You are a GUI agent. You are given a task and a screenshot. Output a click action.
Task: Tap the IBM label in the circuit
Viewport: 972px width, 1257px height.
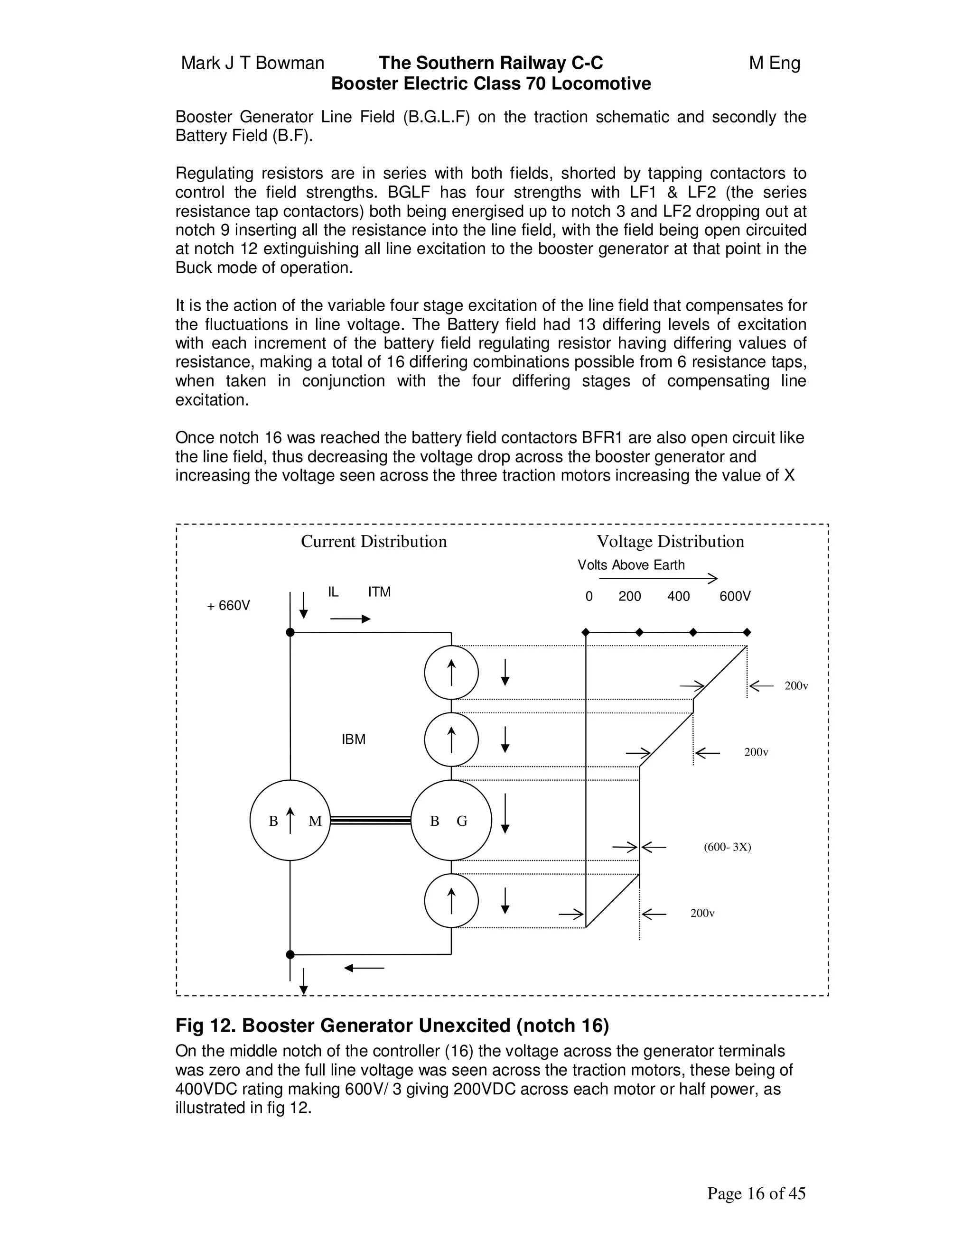[353, 739]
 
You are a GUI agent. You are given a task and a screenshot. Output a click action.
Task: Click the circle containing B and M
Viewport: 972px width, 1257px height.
[290, 821]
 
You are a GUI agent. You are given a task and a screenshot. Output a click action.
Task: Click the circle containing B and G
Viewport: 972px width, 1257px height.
[451, 821]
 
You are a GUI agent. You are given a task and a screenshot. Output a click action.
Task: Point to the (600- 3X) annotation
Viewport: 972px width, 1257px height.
[727, 847]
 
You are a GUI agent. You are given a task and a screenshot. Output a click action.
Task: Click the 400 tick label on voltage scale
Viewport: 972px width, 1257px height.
[678, 596]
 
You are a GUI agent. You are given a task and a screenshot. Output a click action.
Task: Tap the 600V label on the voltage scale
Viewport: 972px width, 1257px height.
[735, 596]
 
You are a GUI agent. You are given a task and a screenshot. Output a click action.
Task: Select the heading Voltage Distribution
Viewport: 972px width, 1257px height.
[670, 542]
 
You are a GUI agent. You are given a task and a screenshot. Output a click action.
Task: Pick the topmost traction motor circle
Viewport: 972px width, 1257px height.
[451, 673]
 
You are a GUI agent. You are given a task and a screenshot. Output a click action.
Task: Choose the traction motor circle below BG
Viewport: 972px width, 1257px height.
[451, 901]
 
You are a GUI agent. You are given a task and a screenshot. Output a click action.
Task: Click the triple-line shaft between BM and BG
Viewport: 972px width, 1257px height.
[370, 821]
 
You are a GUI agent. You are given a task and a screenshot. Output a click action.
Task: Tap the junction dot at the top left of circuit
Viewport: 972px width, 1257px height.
[290, 632]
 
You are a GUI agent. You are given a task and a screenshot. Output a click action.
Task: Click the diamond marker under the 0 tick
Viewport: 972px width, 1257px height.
[586, 632]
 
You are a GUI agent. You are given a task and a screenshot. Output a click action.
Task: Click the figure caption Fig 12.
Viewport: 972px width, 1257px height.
[392, 1026]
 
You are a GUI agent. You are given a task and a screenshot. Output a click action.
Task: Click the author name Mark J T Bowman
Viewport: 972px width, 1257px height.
[253, 63]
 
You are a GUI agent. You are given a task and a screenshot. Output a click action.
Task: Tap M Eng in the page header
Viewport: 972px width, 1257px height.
[775, 63]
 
